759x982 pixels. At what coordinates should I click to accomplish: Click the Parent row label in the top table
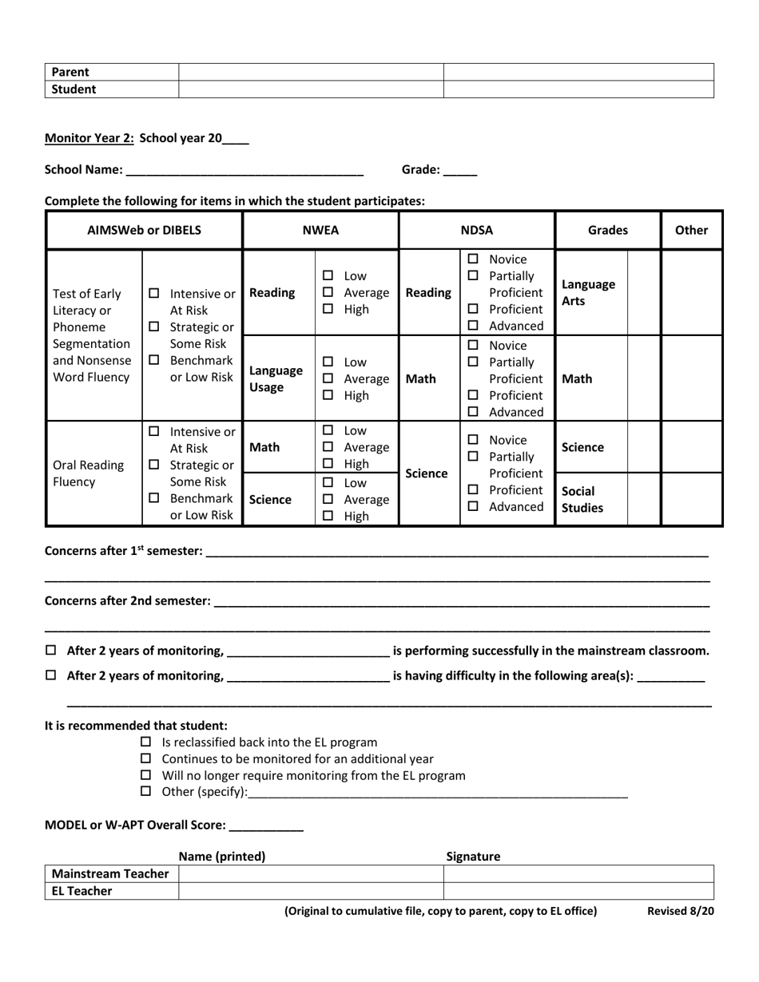pos(70,72)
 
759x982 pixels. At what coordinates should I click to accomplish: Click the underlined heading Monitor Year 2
pos(89,137)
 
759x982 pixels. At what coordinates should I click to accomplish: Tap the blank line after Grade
pos(459,170)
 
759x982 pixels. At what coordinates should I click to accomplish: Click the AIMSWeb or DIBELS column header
pos(144,230)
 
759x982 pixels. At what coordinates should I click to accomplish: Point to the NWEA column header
pos(320,230)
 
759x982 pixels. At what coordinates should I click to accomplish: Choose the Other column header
pos(691,230)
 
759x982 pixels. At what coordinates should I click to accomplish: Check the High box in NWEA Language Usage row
pos(328,394)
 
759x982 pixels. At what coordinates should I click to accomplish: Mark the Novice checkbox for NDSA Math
pos(473,345)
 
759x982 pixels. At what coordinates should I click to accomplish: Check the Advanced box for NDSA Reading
pos(473,325)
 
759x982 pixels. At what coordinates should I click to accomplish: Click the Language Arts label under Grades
pos(589,292)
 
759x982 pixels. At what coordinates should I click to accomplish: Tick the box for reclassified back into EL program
pos(145,742)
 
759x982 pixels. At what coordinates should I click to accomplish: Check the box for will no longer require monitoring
pos(145,775)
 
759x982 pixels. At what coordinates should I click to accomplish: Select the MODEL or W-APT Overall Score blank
pos(266,826)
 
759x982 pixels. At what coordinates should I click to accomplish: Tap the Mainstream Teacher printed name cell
pos(310,874)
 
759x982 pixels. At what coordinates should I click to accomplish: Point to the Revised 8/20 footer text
pos(680,911)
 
